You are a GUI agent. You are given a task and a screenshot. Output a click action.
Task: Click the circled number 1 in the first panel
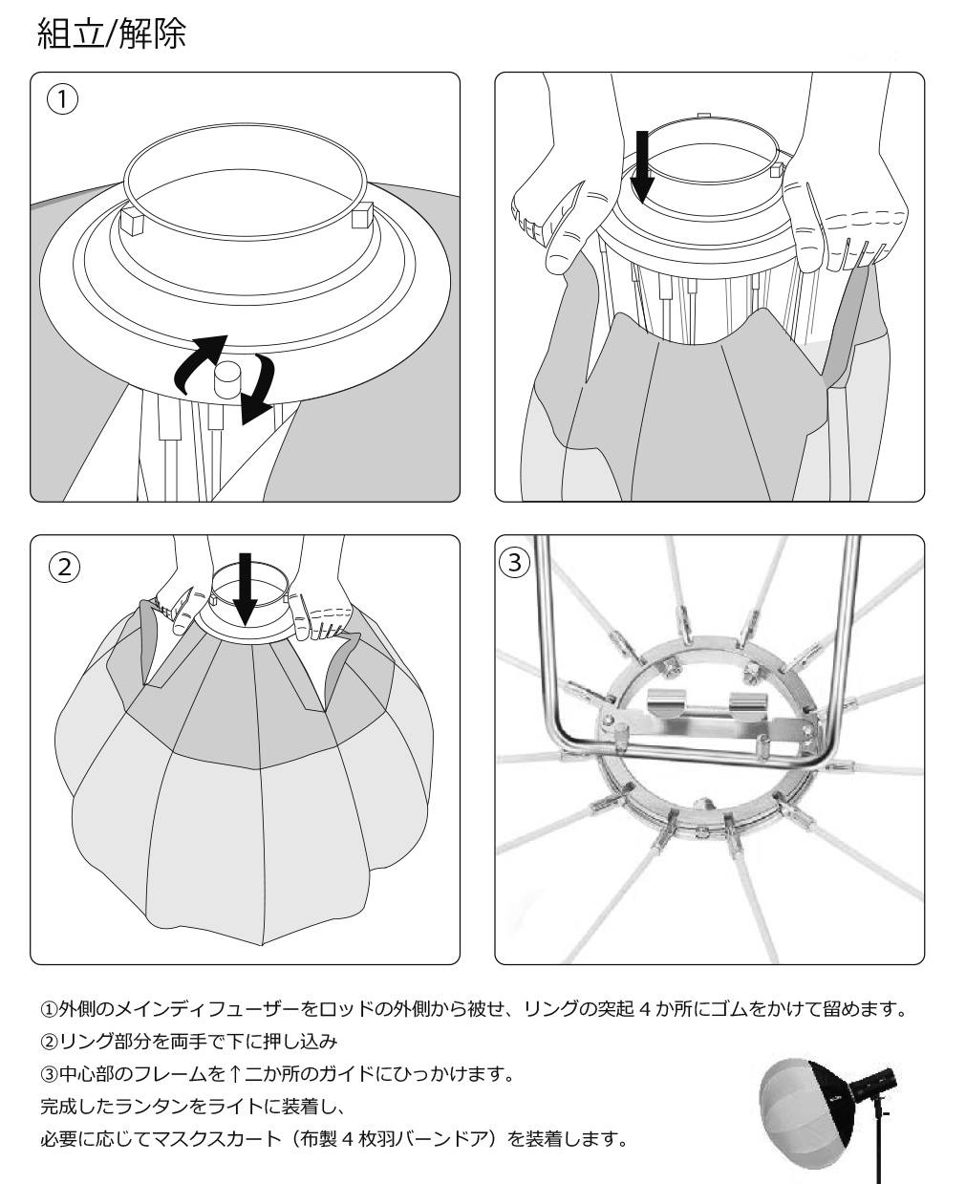point(63,99)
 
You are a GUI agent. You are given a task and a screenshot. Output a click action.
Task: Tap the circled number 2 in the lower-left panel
point(63,566)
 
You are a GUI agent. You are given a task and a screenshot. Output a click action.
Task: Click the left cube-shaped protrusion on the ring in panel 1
point(132,222)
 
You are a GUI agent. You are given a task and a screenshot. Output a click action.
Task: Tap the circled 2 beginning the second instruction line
point(48,1043)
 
